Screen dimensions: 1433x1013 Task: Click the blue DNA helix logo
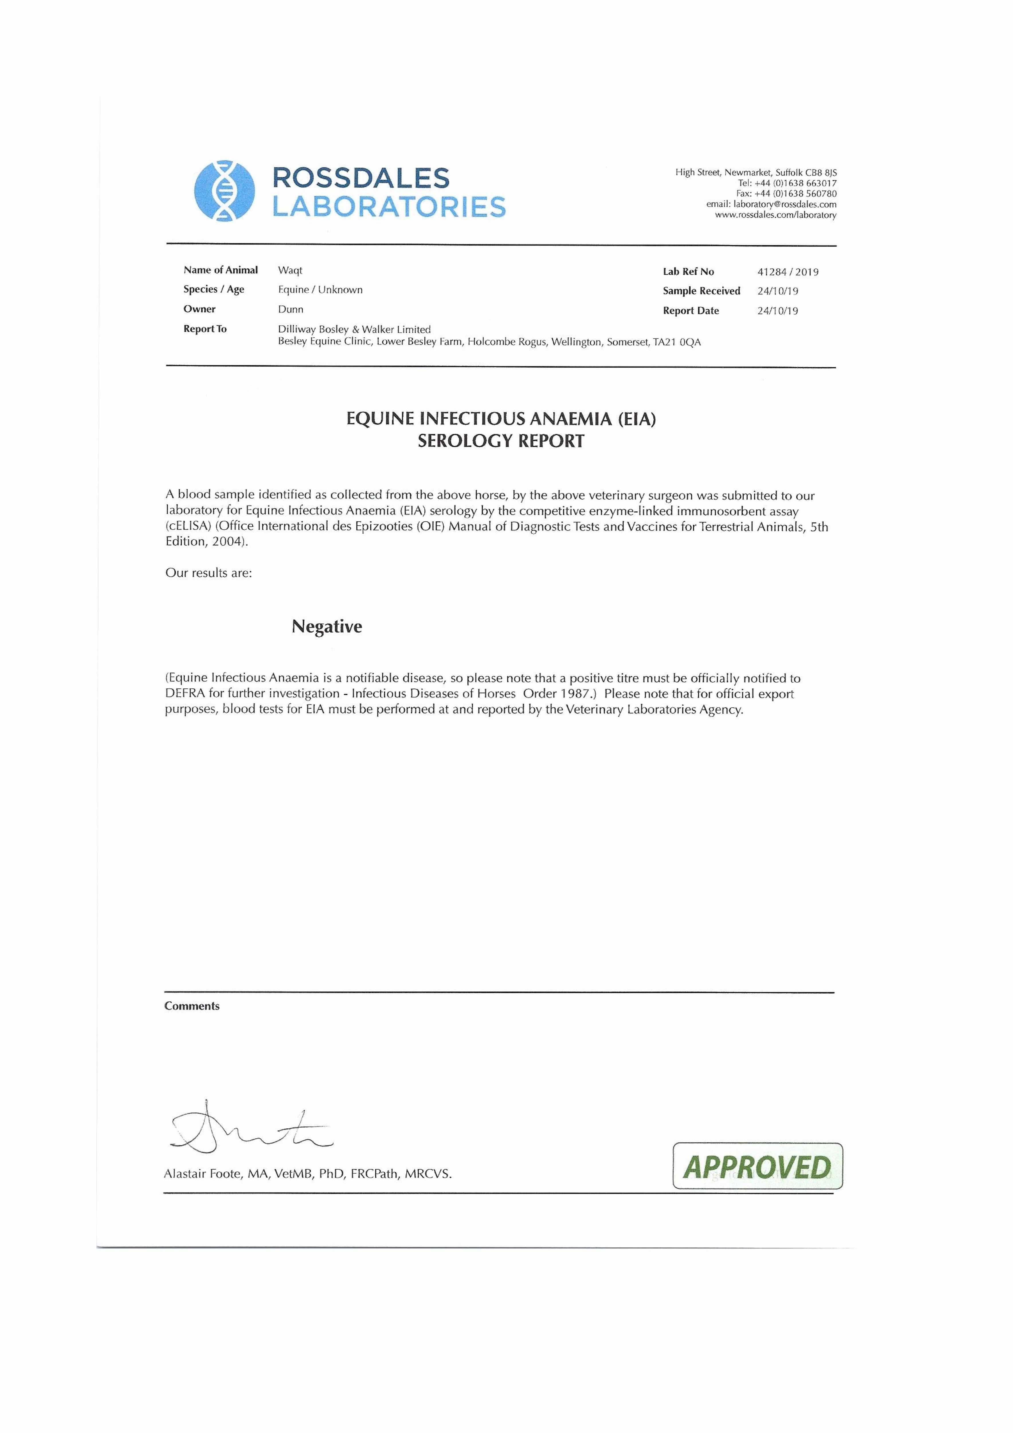pos(225,191)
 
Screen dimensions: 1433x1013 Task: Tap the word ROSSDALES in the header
pos(361,179)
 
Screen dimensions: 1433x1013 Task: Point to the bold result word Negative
pos(326,627)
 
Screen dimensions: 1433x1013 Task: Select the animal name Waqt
pos(290,270)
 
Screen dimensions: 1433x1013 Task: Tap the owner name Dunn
pos(291,309)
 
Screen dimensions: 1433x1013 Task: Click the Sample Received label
pos(702,291)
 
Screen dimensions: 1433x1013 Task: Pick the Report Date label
pos(691,311)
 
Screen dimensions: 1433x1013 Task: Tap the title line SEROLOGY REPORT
pos(501,441)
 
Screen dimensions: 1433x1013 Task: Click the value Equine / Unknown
pos(320,289)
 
